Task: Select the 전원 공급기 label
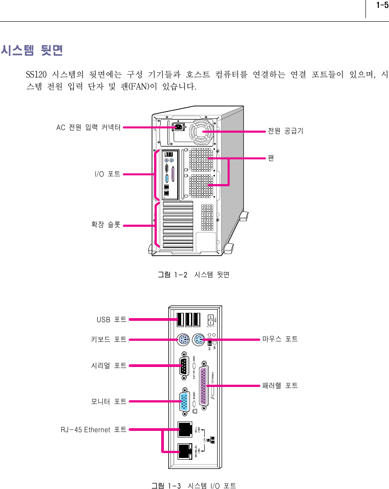(x=285, y=131)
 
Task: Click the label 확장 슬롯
(x=105, y=225)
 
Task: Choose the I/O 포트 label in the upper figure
(x=107, y=174)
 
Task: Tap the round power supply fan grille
(x=202, y=131)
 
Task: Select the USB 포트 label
(x=111, y=319)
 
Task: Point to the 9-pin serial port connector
(x=184, y=367)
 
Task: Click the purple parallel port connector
(x=204, y=386)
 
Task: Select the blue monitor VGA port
(x=184, y=402)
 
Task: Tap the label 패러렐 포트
(x=279, y=385)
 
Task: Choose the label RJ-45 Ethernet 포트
(x=93, y=430)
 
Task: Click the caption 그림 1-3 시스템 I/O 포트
(x=194, y=486)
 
